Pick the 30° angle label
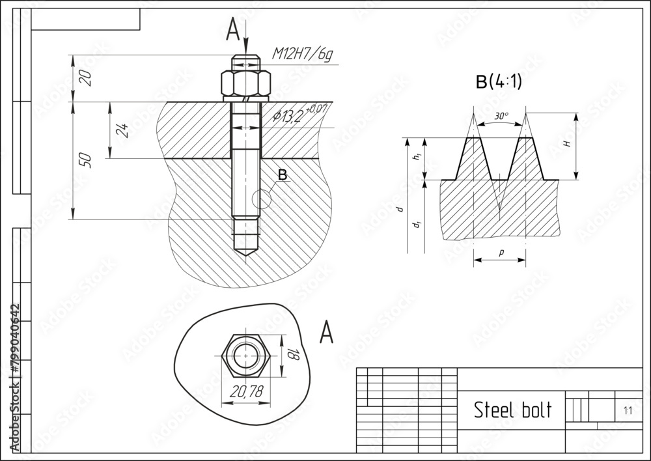[501, 117]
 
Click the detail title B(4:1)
[499, 82]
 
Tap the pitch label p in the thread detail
[500, 253]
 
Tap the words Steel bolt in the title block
[512, 410]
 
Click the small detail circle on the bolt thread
[261, 199]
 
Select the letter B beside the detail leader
[282, 175]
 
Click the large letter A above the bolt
[233, 30]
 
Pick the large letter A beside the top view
[326, 333]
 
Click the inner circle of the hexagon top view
[245, 356]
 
